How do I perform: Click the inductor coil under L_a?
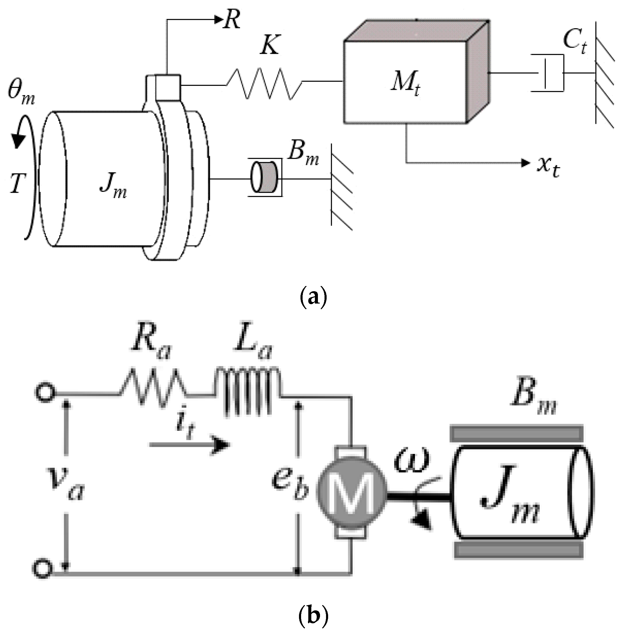tap(248, 390)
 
